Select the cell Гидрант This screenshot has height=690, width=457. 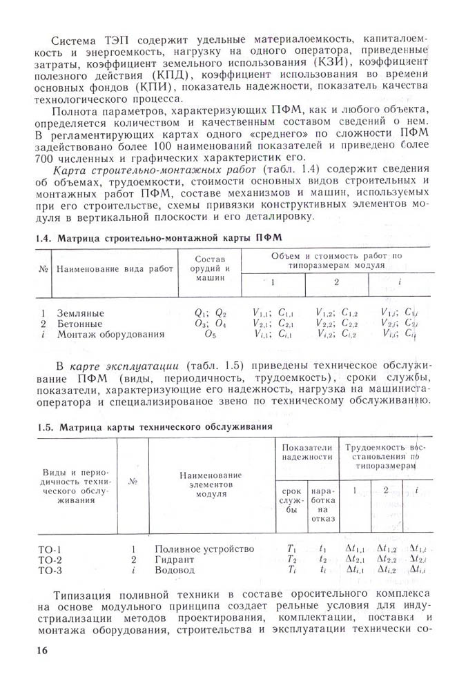[175, 560]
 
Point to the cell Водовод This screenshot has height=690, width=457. [175, 571]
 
